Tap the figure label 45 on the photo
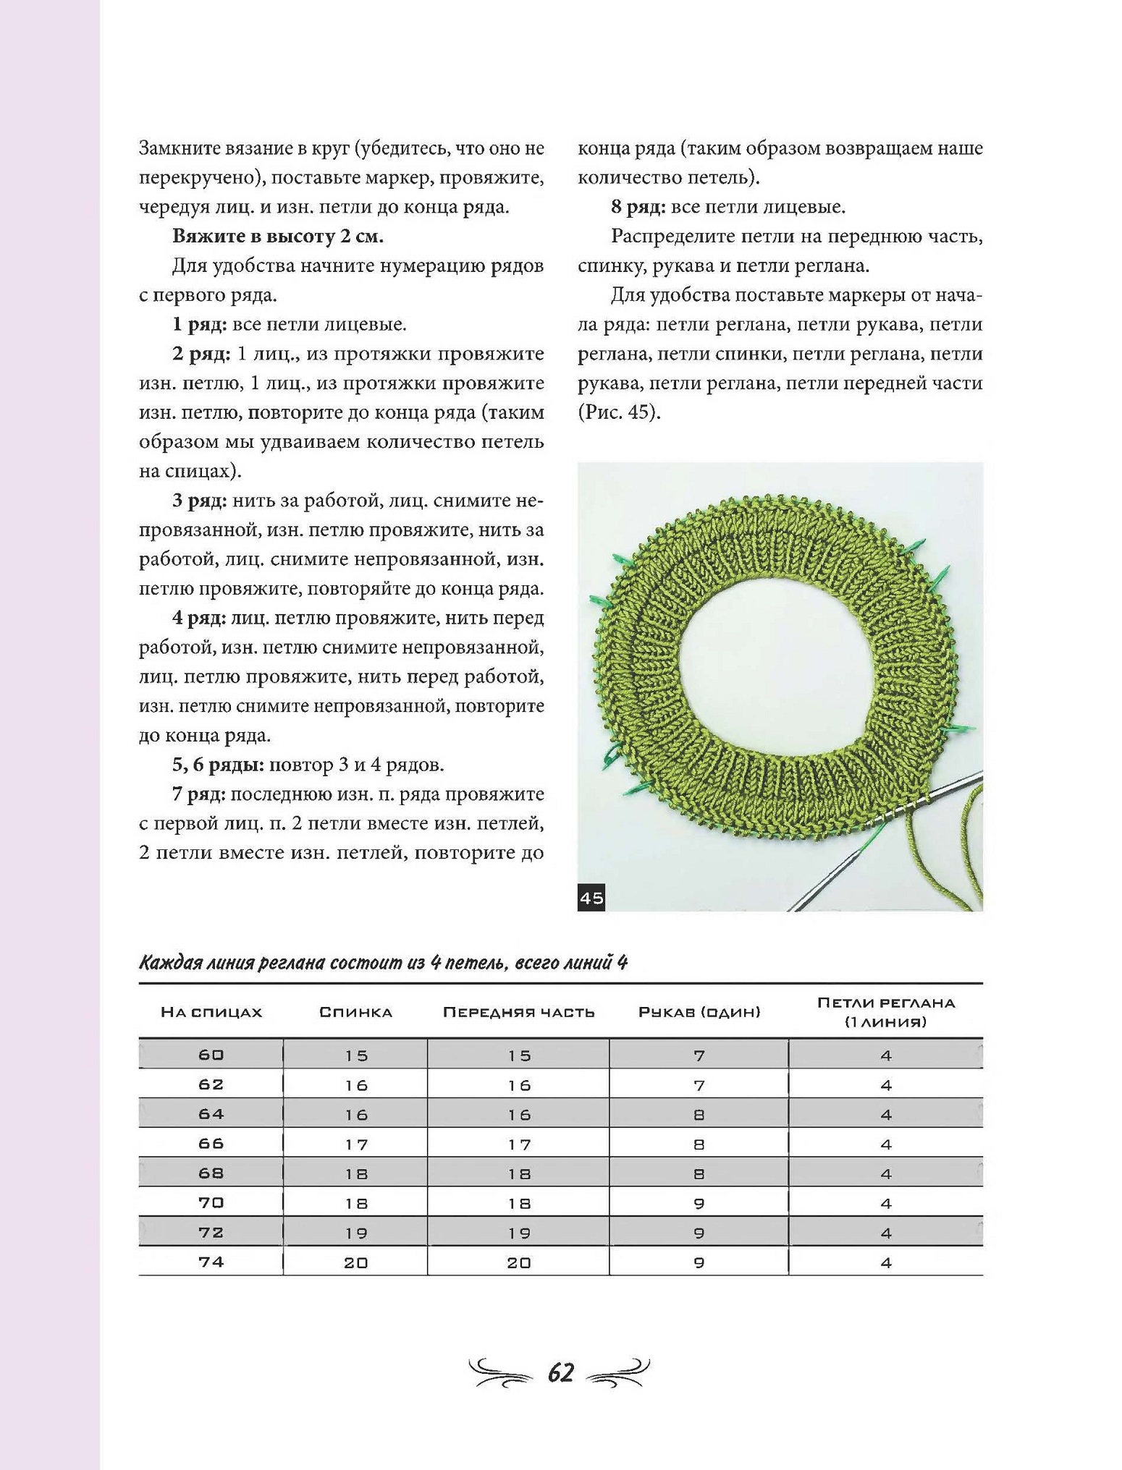click(x=591, y=898)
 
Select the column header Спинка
click(x=355, y=1012)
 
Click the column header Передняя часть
click(x=518, y=1012)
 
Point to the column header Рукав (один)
click(x=699, y=1012)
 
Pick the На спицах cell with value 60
click(x=211, y=1055)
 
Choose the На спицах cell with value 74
click(x=211, y=1262)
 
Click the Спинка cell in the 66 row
click(x=356, y=1144)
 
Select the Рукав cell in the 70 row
click(x=699, y=1203)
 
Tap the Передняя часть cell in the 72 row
click(x=519, y=1233)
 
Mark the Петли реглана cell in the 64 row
click(x=886, y=1115)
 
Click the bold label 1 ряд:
click(x=199, y=324)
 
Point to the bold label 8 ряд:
click(x=638, y=207)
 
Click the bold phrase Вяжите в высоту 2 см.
click(x=278, y=237)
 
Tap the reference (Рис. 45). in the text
click(x=619, y=412)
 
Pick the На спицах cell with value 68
click(x=211, y=1173)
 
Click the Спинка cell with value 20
click(x=356, y=1262)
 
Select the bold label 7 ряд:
click(x=199, y=794)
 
